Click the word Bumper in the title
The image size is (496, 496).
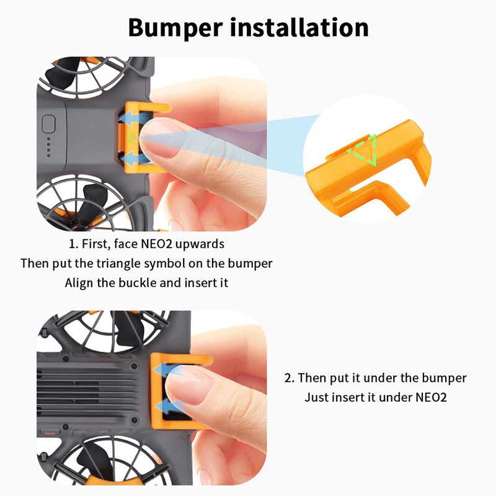[175, 29]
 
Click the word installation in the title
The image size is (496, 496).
[299, 27]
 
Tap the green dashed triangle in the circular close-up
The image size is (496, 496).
[364, 149]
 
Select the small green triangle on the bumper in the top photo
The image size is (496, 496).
[132, 138]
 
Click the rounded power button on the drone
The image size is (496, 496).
[48, 123]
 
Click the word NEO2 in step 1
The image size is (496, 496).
[156, 244]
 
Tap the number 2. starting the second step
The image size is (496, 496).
[289, 378]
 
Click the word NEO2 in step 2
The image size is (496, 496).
[431, 397]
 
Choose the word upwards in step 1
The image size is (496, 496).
[200, 244]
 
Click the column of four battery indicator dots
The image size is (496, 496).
[48, 148]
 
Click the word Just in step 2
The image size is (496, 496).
[314, 397]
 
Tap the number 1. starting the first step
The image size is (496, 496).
[73, 244]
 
